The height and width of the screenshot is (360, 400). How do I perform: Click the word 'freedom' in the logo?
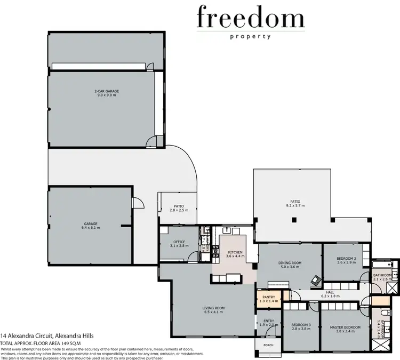(250, 18)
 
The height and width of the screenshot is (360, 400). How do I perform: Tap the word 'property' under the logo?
(250, 37)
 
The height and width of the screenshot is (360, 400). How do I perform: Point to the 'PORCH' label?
(268, 345)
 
